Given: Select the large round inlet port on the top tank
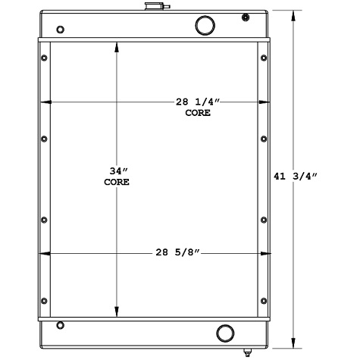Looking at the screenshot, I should pyautogui.click(x=205, y=25).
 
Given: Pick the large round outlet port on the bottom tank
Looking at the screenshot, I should pyautogui.click(x=226, y=333).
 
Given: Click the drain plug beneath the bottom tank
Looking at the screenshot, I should pyautogui.click(x=247, y=352).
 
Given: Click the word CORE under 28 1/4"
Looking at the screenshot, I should pyautogui.click(x=198, y=113).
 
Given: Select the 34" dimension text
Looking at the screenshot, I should pyautogui.click(x=117, y=171).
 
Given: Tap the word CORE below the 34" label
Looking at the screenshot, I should pyautogui.click(x=117, y=182).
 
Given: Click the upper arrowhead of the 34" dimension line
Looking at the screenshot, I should pyautogui.click(x=116, y=46).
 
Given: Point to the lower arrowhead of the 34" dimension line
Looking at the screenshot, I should pyautogui.click(x=116, y=311).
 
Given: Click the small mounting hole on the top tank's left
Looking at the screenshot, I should pyautogui.click(x=61, y=30).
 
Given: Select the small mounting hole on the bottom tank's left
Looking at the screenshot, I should pyautogui.click(x=61, y=326).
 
